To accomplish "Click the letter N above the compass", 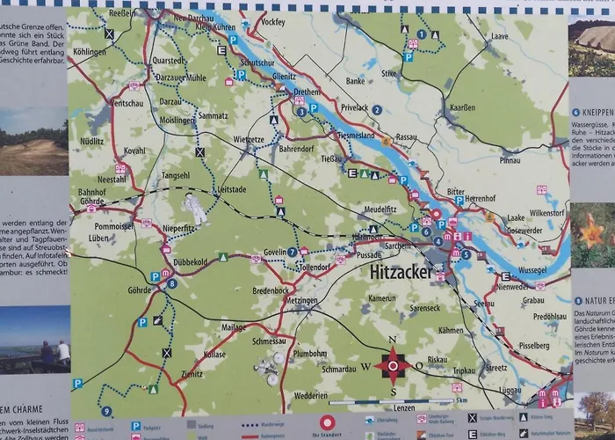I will (x=393, y=340).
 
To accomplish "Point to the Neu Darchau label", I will (x=194, y=18).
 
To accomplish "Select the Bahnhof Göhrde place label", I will (x=92, y=196).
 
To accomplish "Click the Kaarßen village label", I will (x=462, y=106).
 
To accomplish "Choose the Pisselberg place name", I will (x=533, y=346).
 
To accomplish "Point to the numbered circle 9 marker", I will (x=106, y=411).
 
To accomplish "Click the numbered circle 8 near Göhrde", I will (x=171, y=283).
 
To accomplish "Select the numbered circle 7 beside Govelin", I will (x=292, y=252).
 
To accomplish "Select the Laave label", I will (x=501, y=37).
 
